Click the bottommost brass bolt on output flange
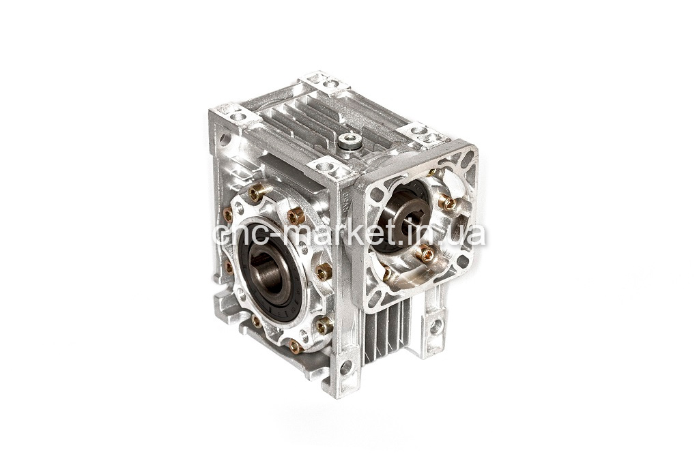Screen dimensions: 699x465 click(x=296, y=345)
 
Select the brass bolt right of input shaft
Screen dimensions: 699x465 click(x=448, y=202)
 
